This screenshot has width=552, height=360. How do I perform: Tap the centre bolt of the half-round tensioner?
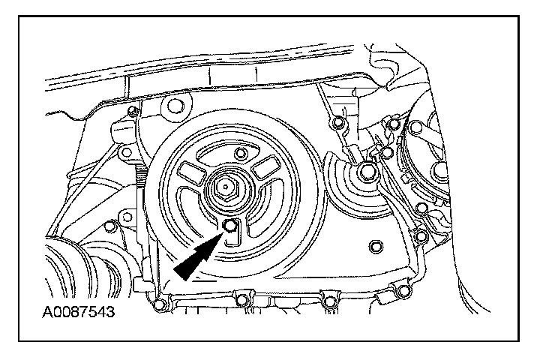367,172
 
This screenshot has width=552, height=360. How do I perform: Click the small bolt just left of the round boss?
132,113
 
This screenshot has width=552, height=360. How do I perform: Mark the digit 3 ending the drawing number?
112,310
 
